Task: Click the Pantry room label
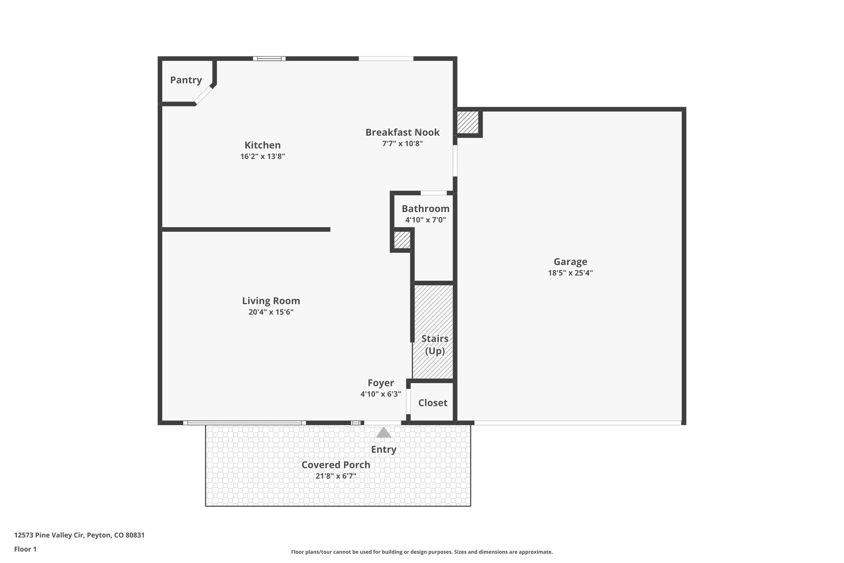(186, 80)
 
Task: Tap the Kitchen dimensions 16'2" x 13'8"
(263, 156)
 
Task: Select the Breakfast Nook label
(402, 132)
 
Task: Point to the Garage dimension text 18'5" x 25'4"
(570, 273)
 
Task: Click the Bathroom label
(425, 209)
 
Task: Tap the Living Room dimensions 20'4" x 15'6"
(271, 312)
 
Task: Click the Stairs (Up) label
(435, 344)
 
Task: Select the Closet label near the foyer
(433, 403)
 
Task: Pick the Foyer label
(380, 383)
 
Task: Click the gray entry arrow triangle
(384, 433)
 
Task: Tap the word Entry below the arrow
(383, 450)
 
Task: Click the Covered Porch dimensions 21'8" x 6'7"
(335, 476)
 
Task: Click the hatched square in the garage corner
(468, 122)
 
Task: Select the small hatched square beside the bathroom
(402, 240)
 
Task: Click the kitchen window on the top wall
(269, 59)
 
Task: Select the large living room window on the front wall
(244, 423)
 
